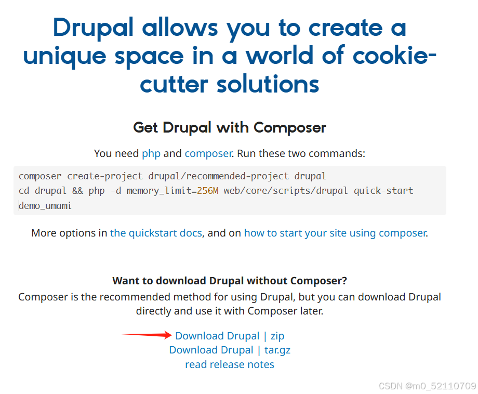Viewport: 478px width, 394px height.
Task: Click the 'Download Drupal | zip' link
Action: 230,336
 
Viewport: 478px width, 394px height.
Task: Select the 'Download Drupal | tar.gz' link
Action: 230,350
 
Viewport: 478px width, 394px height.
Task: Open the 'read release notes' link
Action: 230,364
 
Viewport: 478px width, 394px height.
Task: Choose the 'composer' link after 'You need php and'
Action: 208,153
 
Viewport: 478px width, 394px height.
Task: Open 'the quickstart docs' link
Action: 156,233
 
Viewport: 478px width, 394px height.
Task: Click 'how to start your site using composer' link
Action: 335,233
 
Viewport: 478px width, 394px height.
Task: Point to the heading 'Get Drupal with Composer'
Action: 230,127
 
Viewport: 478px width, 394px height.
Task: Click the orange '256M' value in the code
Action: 208,191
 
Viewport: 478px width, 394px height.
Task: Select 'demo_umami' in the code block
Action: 45,206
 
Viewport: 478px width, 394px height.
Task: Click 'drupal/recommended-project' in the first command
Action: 216,176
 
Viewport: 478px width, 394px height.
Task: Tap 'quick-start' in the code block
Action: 383,191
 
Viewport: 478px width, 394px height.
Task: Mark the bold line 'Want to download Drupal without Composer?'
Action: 230,281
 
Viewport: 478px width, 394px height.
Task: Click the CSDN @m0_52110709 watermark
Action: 427,386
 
